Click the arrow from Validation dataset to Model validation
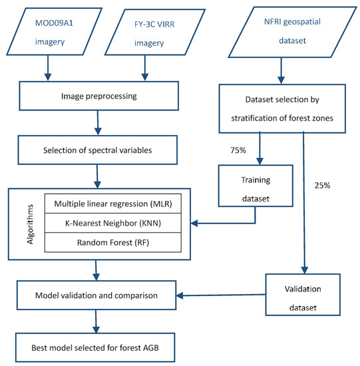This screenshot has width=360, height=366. pos(220,296)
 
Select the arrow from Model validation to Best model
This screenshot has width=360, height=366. pos(98,322)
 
